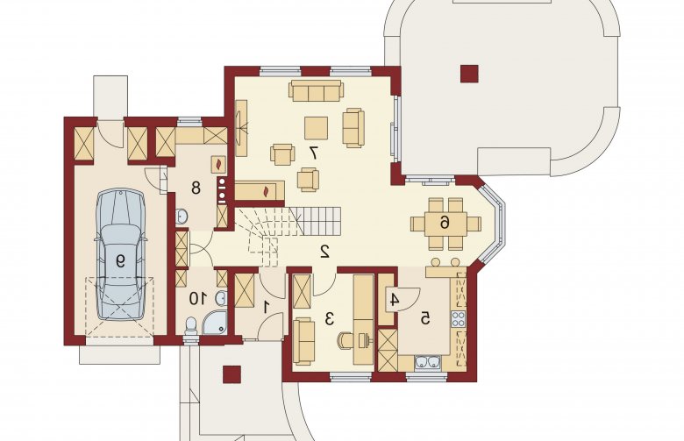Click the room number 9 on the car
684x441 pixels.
(120, 261)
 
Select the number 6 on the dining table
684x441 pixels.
(444, 224)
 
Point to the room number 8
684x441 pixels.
(196, 188)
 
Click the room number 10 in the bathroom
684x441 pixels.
(197, 299)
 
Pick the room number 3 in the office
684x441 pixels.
(330, 319)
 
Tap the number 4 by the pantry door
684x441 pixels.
(395, 300)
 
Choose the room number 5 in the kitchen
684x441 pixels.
(425, 319)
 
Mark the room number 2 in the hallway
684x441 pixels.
(324, 252)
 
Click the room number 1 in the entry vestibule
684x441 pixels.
(266, 308)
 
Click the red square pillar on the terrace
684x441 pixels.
(469, 74)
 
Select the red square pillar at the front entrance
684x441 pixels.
(232, 374)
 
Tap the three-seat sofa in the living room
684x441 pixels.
(316, 90)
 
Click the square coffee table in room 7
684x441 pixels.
(317, 128)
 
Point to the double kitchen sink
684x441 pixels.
(428, 362)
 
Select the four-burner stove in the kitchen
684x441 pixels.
(458, 319)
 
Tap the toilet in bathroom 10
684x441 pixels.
(191, 327)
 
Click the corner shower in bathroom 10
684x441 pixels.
(215, 323)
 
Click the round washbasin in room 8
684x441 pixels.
(182, 216)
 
